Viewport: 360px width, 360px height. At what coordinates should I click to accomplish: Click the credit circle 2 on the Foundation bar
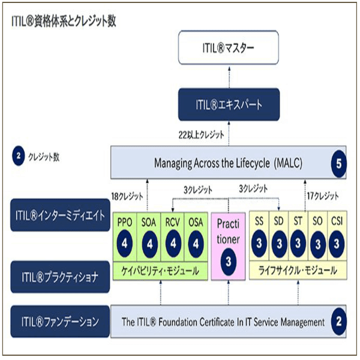[x=338, y=322]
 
